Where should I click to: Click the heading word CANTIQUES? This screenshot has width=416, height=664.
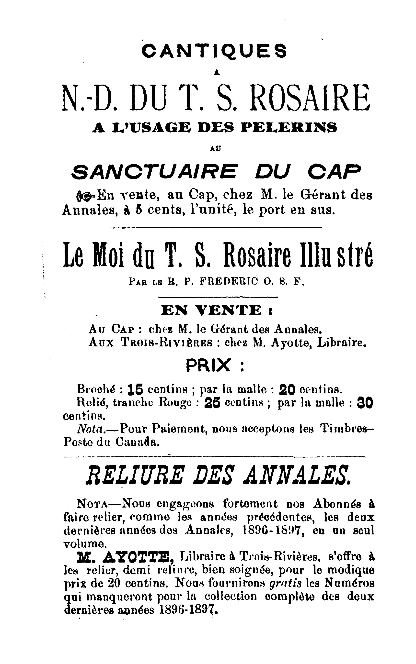pos(214,51)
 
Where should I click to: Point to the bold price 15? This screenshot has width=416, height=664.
pos(136,389)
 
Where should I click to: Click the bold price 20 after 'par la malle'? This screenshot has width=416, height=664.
pos(287,389)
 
